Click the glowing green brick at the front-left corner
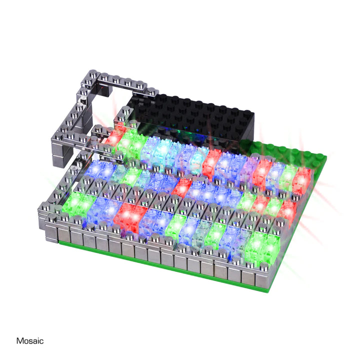click(80, 203)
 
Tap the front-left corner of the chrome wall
click(45, 220)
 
